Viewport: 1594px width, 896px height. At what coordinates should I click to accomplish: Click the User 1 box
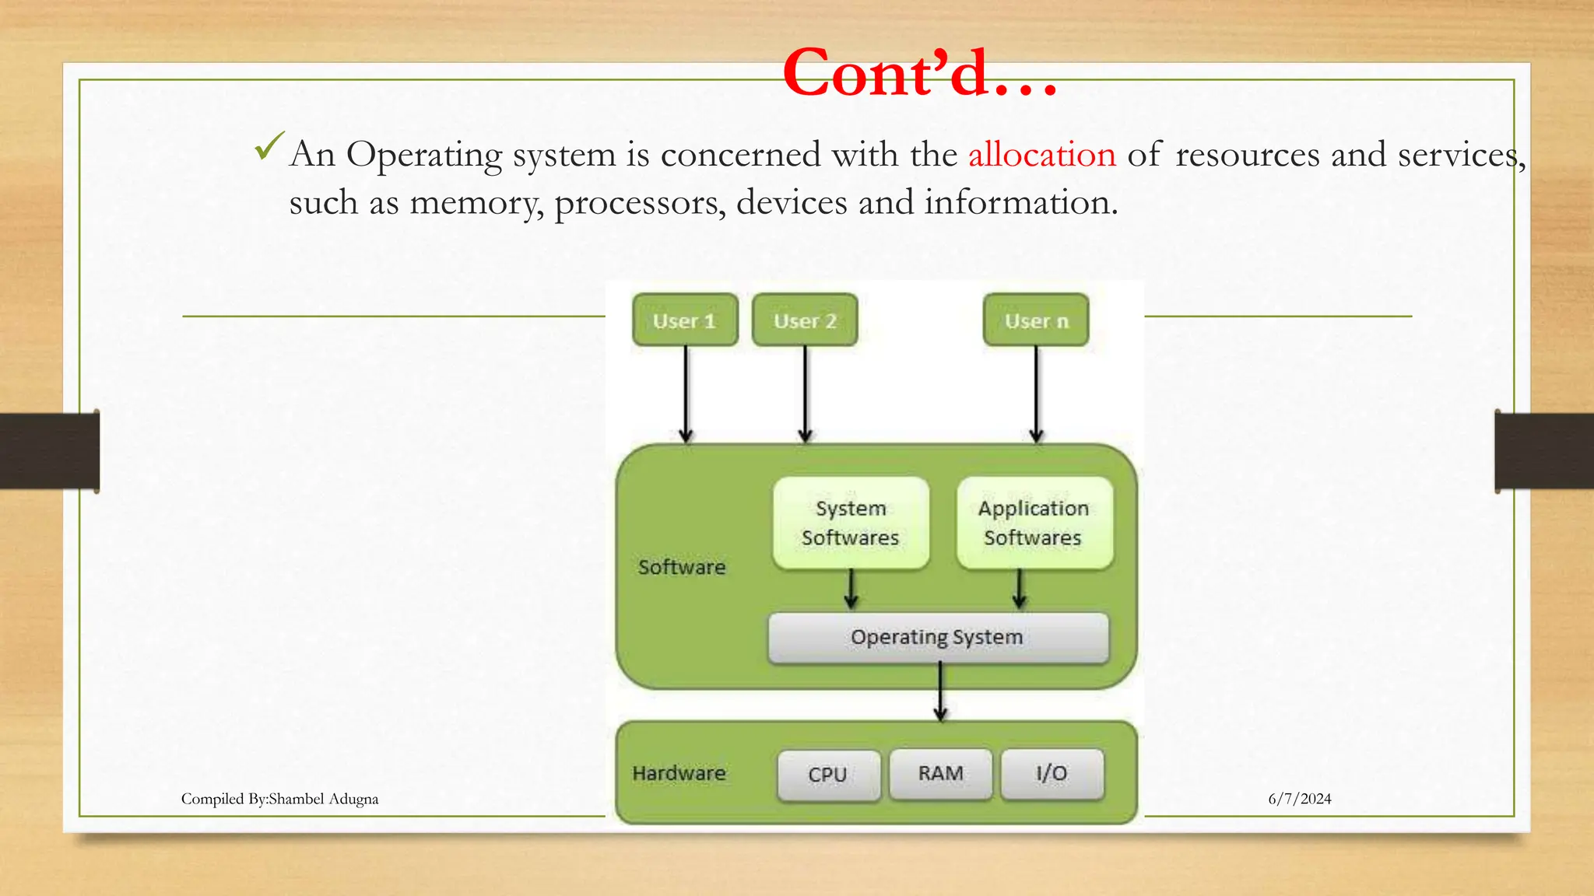coord(685,320)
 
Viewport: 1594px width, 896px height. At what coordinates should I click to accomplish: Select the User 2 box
coord(805,320)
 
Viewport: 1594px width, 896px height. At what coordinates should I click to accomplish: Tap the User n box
coord(1036,320)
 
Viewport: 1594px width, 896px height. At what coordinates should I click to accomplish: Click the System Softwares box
coord(851,523)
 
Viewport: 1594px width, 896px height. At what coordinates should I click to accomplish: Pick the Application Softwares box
coord(1034,523)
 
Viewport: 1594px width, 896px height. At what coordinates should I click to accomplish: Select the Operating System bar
coord(937,638)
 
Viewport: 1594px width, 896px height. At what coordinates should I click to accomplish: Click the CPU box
coord(828,775)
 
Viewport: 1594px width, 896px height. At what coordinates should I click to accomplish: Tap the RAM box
coord(940,774)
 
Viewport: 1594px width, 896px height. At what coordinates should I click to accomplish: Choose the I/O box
coord(1052,774)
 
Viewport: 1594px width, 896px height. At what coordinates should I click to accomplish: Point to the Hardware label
coord(679,773)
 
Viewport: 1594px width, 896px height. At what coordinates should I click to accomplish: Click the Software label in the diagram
coord(682,567)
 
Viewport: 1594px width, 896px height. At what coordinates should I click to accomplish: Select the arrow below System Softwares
coord(851,590)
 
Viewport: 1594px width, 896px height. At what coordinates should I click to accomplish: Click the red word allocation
coord(1041,154)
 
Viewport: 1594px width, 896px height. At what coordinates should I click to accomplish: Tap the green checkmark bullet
coord(269,146)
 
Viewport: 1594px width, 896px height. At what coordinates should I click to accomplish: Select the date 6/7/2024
coord(1299,799)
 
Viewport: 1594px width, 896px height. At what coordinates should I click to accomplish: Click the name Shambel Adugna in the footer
coord(323,799)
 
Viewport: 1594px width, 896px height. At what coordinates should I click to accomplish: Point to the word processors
coord(640,203)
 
